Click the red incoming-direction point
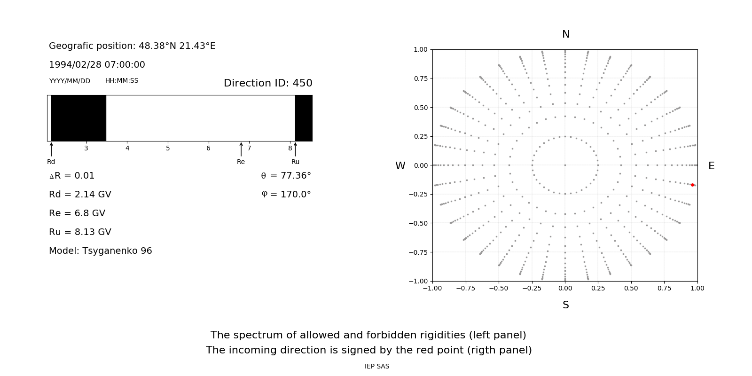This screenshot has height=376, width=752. coord(692,185)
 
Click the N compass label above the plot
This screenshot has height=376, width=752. coord(566,34)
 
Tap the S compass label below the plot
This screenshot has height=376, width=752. coord(566,305)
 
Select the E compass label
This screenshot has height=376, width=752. coord(711,166)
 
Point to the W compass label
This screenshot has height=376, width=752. coord(400,166)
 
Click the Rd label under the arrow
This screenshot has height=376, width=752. coord(51,162)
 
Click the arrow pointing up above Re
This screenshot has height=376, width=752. coord(241,149)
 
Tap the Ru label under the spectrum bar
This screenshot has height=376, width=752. coord(295,162)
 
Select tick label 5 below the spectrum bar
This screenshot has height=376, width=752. coord(168,148)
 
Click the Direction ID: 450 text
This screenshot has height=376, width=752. coord(268,83)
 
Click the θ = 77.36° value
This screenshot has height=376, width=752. coord(286,176)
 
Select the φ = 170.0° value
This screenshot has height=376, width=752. coord(286,195)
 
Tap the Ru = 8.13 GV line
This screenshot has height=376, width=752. coord(80,232)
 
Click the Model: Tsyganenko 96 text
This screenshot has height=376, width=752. coord(101,251)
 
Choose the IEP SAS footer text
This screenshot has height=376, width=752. coord(377,366)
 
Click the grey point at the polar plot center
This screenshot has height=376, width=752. coord(565,165)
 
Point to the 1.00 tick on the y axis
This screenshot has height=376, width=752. coord(420,49)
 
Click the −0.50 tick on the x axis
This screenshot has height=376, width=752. coord(499,288)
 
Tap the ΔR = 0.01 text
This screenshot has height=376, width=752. coord(72,176)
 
